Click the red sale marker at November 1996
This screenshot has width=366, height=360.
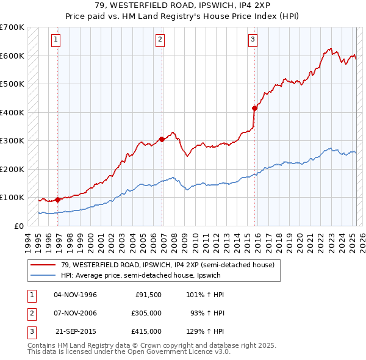click(58, 200)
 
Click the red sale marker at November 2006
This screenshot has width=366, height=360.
click(162, 139)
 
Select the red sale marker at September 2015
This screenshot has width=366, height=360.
click(254, 108)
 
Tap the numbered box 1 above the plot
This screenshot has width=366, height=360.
click(56, 40)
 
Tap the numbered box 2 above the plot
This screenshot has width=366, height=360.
click(160, 40)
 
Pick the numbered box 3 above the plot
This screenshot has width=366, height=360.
click(253, 40)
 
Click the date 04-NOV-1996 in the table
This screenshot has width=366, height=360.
click(76, 295)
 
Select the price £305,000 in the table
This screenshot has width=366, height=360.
click(146, 313)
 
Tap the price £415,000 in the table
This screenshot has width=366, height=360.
click(146, 331)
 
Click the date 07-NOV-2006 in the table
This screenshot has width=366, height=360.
click(76, 313)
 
